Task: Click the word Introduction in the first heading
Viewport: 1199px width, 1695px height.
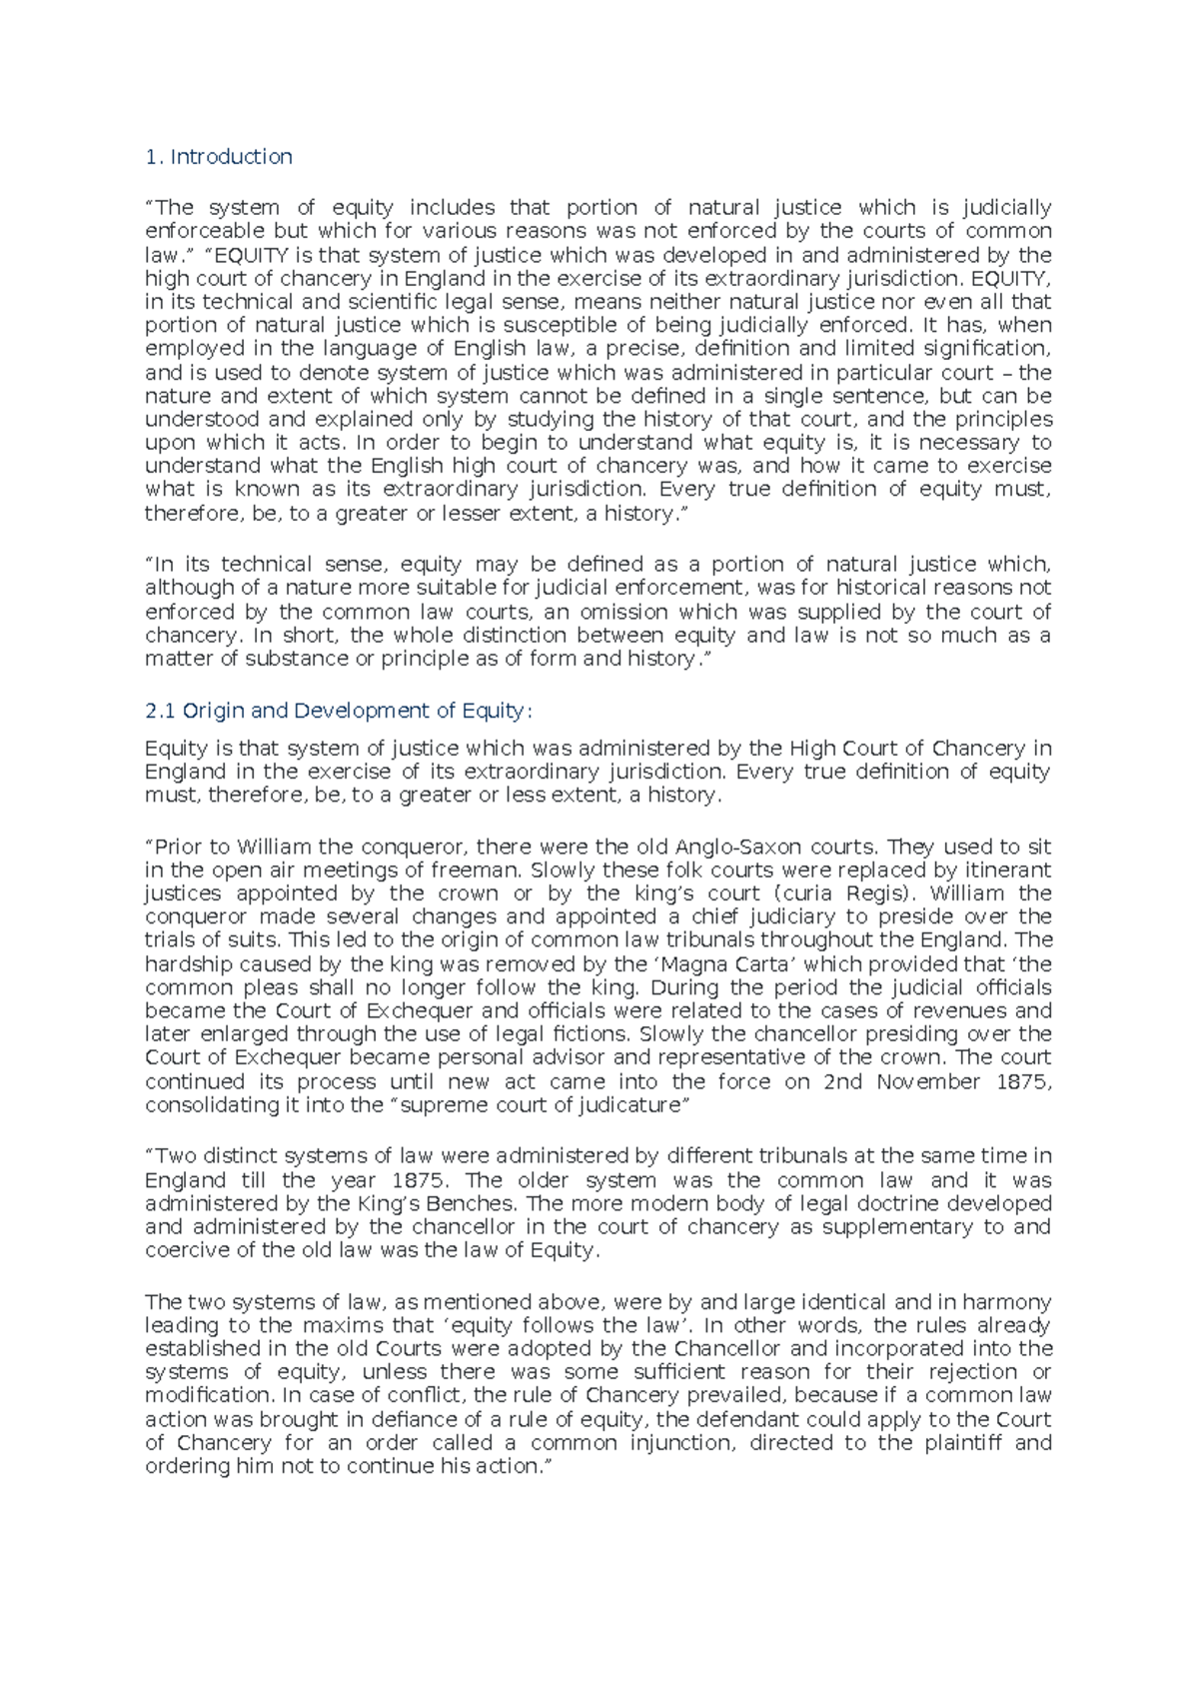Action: (231, 157)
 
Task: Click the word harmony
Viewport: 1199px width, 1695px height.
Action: (1003, 1302)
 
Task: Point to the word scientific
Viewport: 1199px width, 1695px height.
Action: (345, 302)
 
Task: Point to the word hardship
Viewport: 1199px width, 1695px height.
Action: (191, 964)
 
